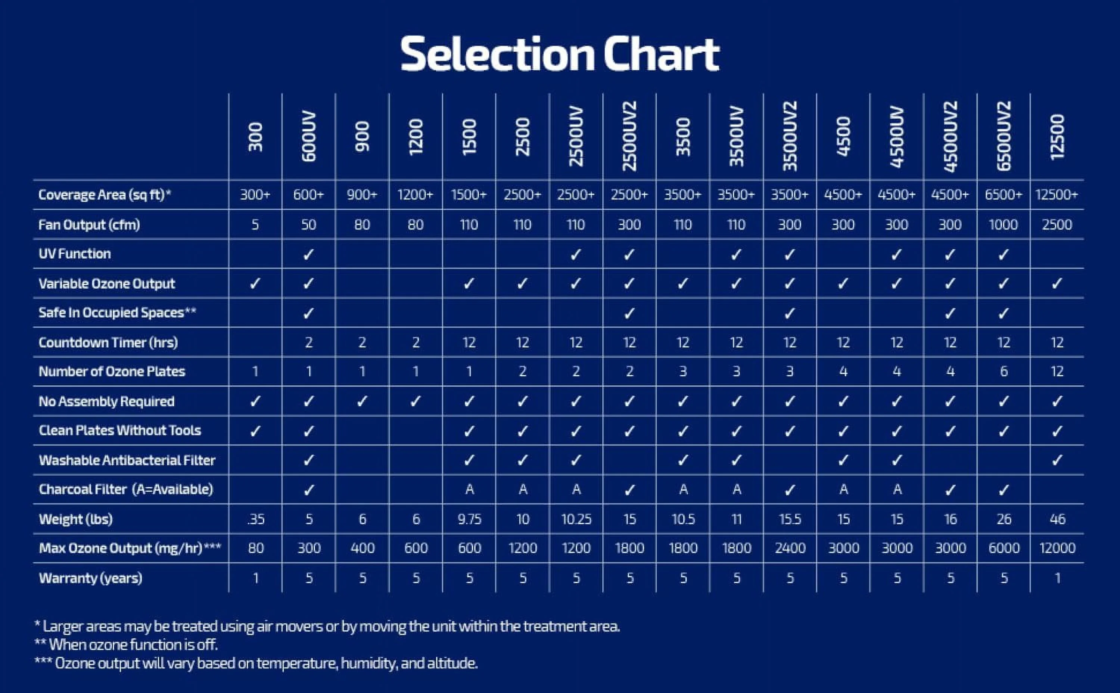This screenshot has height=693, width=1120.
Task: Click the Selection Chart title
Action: pyautogui.click(x=560, y=54)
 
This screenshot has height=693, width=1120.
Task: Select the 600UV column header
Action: pyautogui.click(x=309, y=136)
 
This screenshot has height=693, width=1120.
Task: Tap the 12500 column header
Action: pyautogui.click(x=1057, y=137)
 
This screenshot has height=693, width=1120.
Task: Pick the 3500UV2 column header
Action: pyautogui.click(x=790, y=136)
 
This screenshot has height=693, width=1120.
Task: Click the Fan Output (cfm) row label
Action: pyautogui.click(x=89, y=224)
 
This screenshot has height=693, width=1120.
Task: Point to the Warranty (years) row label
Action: pyautogui.click(x=90, y=578)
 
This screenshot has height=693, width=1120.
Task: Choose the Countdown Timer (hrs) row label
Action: pyautogui.click(x=108, y=342)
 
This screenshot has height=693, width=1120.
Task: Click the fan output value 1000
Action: pyautogui.click(x=1003, y=224)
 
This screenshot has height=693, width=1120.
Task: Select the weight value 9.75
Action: pyautogui.click(x=469, y=519)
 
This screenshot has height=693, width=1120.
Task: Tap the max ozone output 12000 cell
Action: pyautogui.click(x=1057, y=548)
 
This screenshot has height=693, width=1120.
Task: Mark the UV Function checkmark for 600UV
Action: pyautogui.click(x=308, y=254)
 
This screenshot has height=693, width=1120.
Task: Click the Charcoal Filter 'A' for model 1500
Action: pyautogui.click(x=469, y=490)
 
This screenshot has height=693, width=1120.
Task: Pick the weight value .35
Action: pyautogui.click(x=255, y=519)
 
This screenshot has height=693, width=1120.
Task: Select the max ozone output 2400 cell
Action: pyautogui.click(x=790, y=548)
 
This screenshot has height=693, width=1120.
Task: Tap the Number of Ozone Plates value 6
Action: pyautogui.click(x=1003, y=371)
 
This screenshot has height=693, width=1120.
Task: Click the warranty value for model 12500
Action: pyautogui.click(x=1057, y=578)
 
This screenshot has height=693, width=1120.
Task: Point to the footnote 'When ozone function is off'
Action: pyautogui.click(x=133, y=645)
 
